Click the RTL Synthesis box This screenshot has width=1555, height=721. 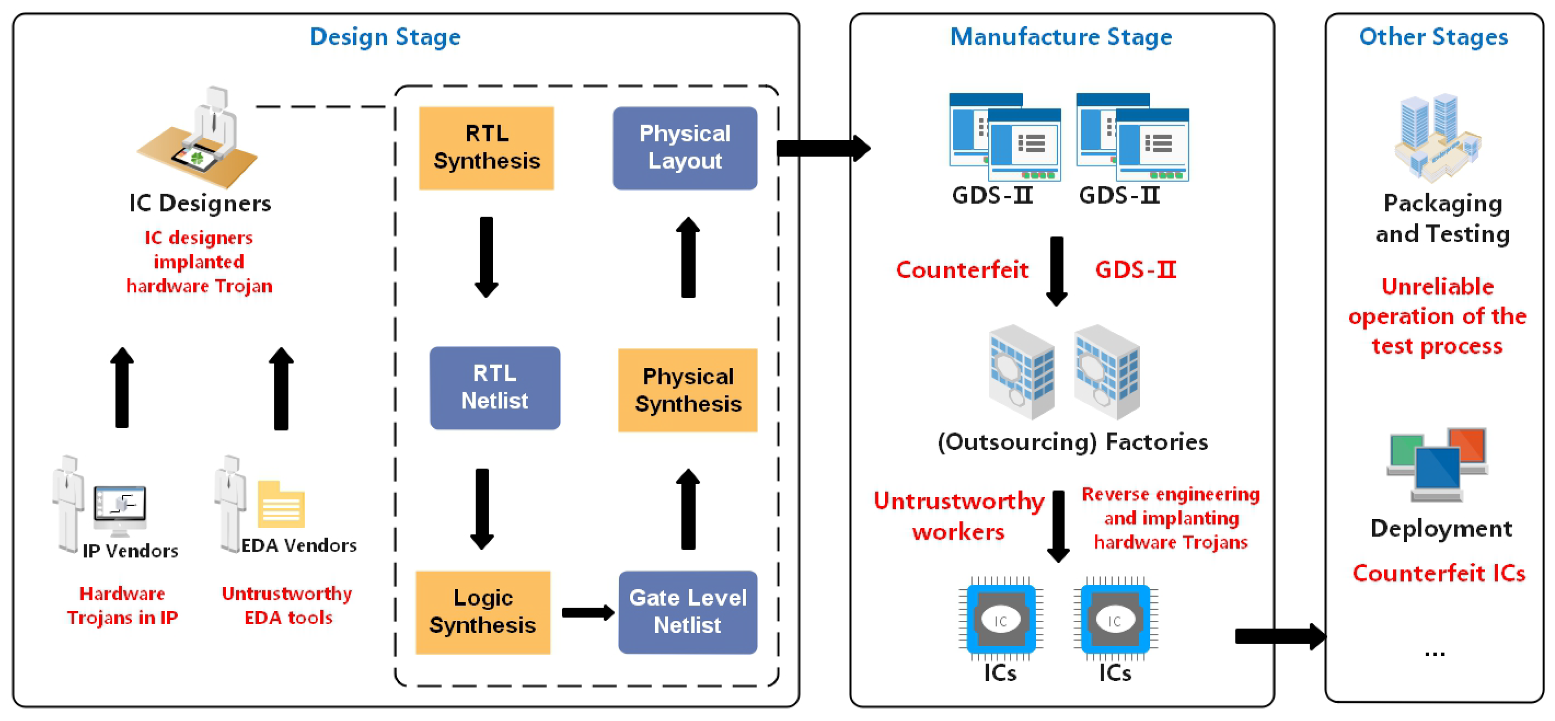[486, 148]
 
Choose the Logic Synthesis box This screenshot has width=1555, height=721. [483, 612]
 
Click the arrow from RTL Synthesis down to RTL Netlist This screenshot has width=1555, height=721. [486, 257]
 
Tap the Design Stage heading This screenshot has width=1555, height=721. [385, 37]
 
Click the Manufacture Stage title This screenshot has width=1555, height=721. [1061, 37]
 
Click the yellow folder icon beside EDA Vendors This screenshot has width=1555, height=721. [281, 504]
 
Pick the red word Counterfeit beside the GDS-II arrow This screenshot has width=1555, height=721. [962, 270]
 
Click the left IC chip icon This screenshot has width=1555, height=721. [1000, 619]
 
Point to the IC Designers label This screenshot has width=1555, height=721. [200, 203]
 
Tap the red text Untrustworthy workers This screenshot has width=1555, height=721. [958, 516]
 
